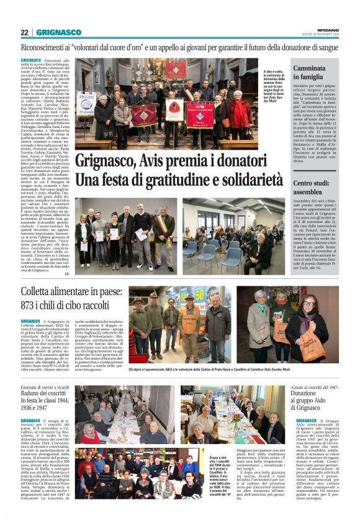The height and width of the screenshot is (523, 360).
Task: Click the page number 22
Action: pyautogui.click(x=25, y=32)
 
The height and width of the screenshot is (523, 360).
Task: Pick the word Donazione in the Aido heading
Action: pyautogui.click(x=307, y=394)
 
